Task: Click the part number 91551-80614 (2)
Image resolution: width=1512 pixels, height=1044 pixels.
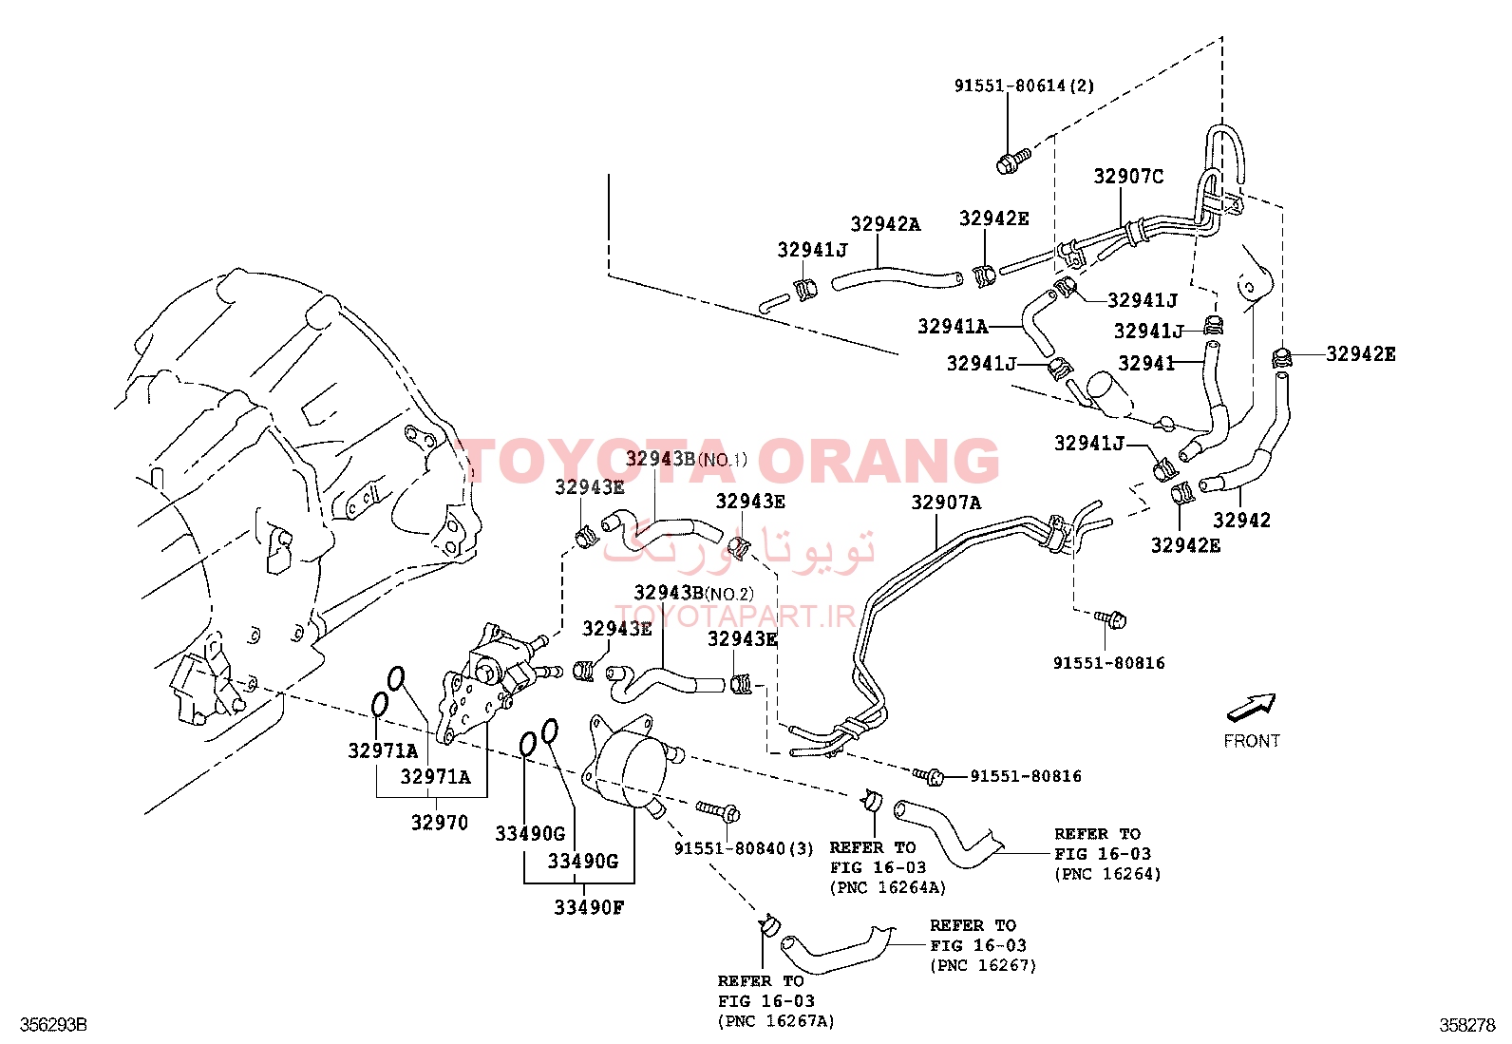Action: [x=1024, y=85]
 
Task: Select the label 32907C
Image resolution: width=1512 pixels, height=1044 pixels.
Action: [x=1128, y=177]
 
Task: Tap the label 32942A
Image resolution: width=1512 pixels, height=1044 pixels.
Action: [x=885, y=224]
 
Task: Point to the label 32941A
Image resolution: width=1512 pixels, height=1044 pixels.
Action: [x=953, y=327]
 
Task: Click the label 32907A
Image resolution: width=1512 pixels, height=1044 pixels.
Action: [x=946, y=503]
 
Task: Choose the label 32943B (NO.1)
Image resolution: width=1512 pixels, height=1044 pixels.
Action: [x=686, y=459]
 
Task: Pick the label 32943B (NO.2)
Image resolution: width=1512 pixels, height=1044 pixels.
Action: [x=693, y=593]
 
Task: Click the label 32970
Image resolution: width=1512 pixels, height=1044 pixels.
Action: [x=440, y=823]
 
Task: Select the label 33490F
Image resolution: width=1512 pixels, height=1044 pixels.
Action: [x=589, y=907]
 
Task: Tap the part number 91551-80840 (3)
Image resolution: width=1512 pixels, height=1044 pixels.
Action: [x=744, y=849]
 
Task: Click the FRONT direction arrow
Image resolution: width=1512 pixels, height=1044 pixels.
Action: [x=1251, y=707]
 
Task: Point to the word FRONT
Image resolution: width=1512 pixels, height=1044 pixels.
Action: [x=1252, y=741]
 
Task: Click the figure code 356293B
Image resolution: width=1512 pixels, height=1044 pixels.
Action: [x=53, y=1024]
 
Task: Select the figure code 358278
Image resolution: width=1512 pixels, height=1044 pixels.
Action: [x=1467, y=1024]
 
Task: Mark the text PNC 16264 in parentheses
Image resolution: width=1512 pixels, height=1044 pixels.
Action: [x=1107, y=874]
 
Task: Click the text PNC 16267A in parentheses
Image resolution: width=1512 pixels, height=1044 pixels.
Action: [x=776, y=1021]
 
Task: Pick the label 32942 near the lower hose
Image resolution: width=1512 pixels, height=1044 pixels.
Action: [x=1241, y=520]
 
